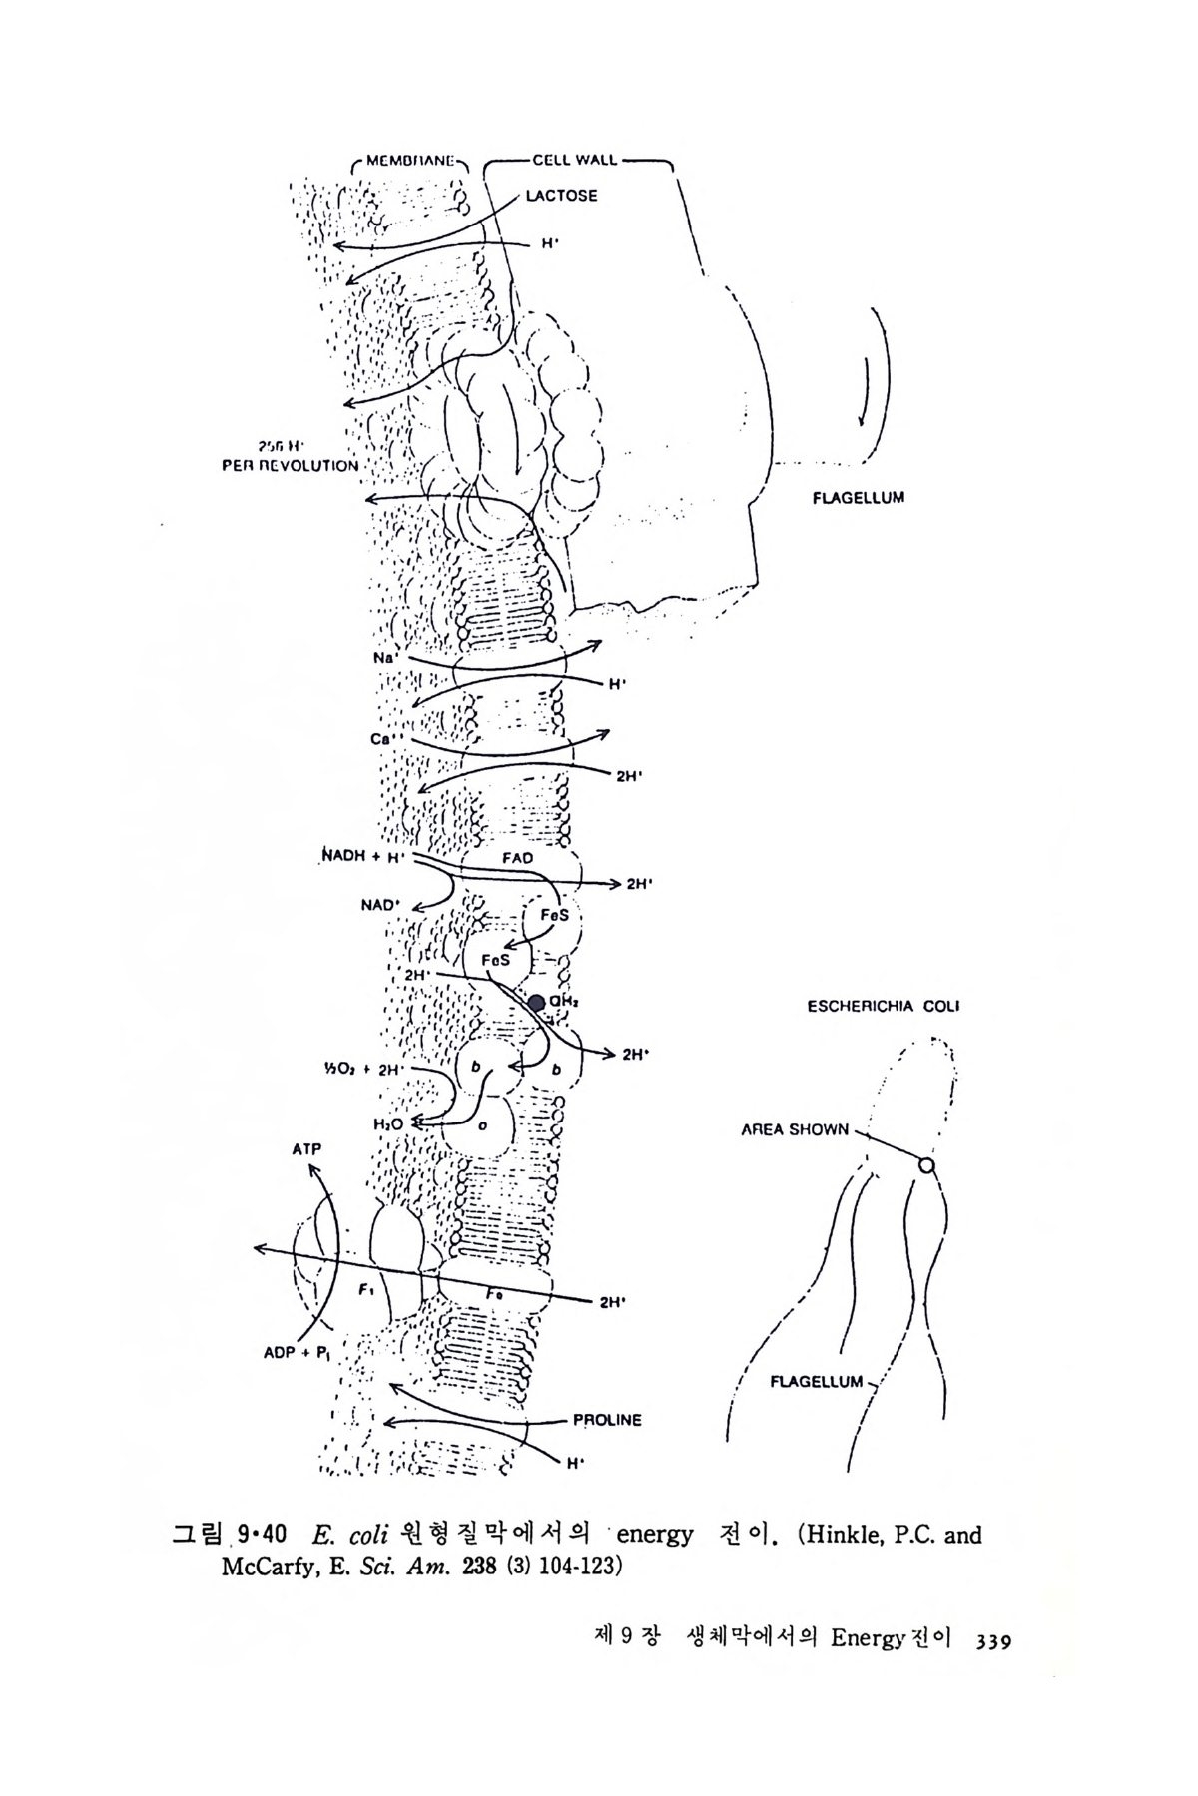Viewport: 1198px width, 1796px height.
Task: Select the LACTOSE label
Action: [x=562, y=196]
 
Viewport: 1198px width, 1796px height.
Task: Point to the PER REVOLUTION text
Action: [x=291, y=466]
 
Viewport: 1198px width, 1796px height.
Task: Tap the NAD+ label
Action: [x=380, y=906]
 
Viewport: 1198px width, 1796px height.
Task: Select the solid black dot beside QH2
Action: [x=537, y=1002]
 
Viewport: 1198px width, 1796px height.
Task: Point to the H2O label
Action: [x=388, y=1124]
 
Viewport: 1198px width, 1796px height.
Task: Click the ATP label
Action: [x=306, y=1150]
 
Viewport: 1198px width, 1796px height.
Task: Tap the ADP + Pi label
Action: [x=296, y=1354]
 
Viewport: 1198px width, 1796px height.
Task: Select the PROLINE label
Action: [x=607, y=1420]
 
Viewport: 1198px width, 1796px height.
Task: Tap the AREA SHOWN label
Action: [x=795, y=1130]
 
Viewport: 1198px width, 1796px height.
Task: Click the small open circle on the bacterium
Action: [x=926, y=1165]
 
